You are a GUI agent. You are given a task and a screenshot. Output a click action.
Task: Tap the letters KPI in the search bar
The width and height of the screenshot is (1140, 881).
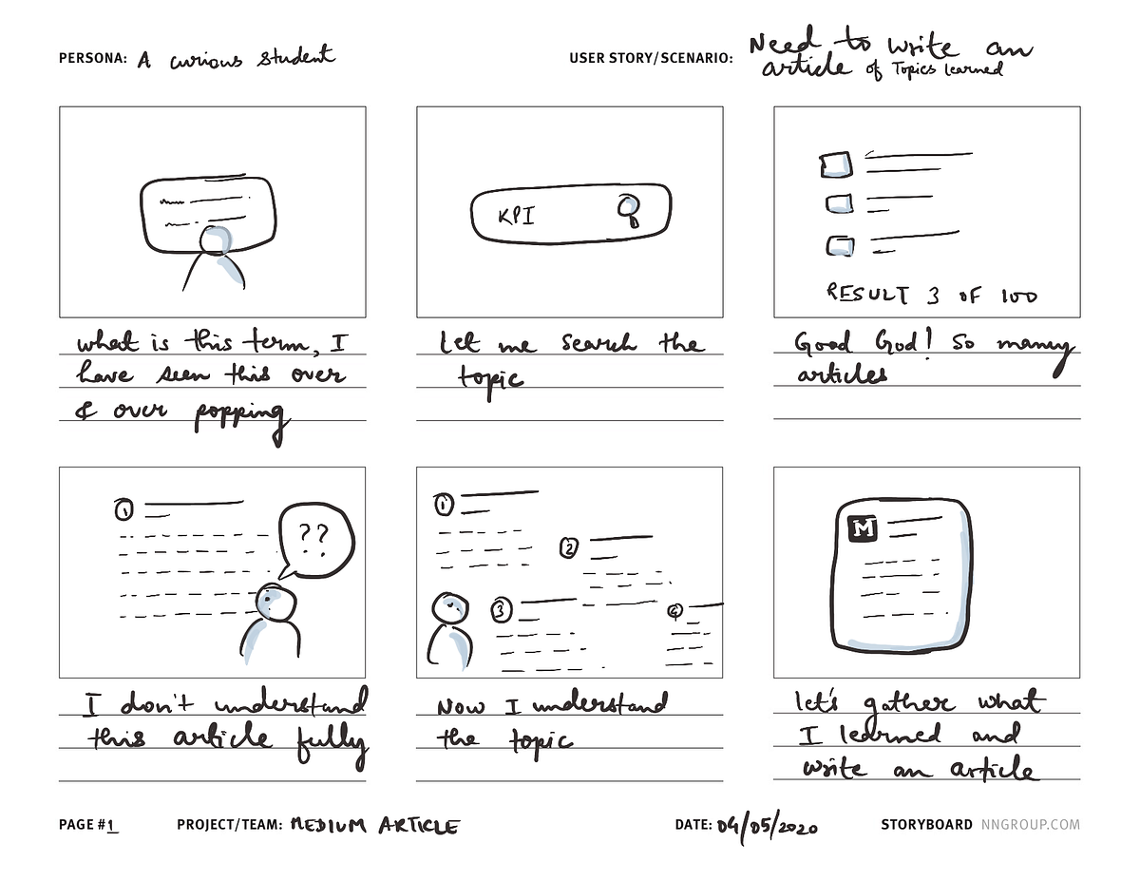516,216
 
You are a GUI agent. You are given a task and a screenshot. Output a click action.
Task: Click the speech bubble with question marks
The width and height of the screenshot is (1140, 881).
313,540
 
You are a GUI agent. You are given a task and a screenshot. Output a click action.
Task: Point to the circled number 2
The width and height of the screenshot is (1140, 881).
569,547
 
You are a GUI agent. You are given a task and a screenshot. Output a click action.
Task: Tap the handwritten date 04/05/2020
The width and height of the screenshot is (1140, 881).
767,825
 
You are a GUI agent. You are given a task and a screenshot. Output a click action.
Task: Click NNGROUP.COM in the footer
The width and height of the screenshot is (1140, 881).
1030,825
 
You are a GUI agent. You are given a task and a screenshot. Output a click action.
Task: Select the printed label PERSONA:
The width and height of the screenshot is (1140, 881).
92,58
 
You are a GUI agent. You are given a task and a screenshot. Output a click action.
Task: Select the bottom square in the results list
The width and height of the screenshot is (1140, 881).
839,246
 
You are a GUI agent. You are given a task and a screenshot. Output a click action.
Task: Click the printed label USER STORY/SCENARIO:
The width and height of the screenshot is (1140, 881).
651,58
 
